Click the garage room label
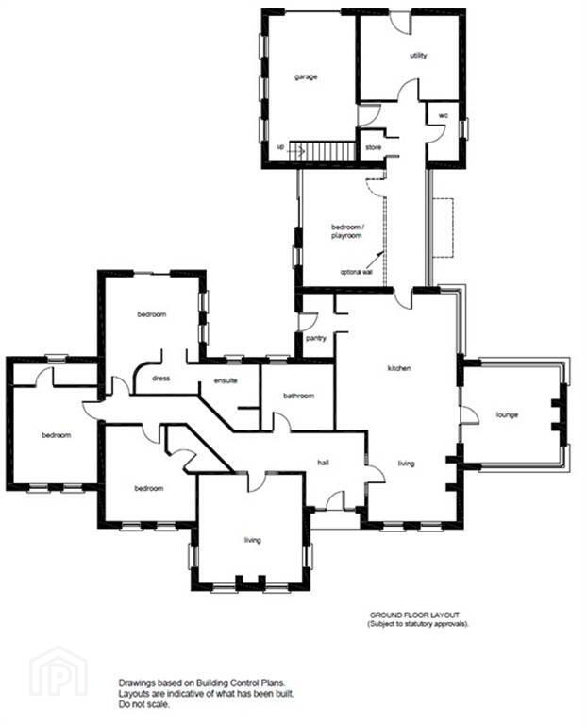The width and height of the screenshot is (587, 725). click(x=306, y=76)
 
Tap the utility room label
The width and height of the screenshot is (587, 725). click(x=418, y=56)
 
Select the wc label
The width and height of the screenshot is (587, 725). click(x=443, y=115)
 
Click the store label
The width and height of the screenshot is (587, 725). click(x=374, y=147)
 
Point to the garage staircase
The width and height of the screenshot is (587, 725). click(x=322, y=151)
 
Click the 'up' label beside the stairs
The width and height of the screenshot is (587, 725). click(x=280, y=147)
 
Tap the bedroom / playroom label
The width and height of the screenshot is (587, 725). click(x=347, y=231)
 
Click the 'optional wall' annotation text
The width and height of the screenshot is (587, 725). click(x=357, y=272)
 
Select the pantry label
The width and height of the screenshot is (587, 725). click(x=316, y=339)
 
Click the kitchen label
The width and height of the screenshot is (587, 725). click(x=399, y=368)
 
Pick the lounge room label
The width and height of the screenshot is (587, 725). click(x=507, y=414)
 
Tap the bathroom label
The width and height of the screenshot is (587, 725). click(x=298, y=396)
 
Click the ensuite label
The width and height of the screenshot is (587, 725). click(x=226, y=380)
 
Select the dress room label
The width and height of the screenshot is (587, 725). click(x=160, y=379)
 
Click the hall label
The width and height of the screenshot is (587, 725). click(x=323, y=463)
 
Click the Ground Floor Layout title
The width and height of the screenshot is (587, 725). click(x=414, y=615)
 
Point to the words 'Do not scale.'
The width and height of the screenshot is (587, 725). click(x=143, y=704)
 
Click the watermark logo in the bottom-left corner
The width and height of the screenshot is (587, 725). click(x=59, y=675)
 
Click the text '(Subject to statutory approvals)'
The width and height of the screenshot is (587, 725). click(x=418, y=624)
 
